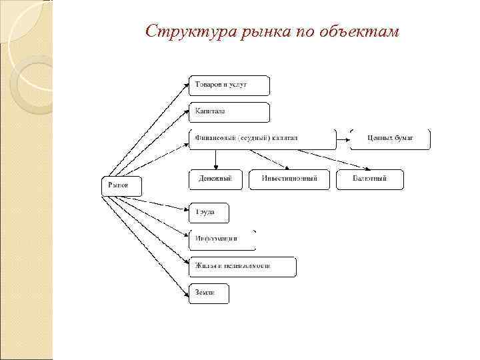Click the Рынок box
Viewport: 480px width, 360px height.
(121, 186)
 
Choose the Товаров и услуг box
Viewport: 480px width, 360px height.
(229, 85)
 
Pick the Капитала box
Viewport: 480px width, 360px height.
(229, 112)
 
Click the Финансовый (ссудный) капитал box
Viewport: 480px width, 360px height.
(262, 139)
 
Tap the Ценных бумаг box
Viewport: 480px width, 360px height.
(390, 139)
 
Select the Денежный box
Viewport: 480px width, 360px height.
(215, 179)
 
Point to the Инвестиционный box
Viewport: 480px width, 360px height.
(289, 179)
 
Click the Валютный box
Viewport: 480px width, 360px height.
(369, 179)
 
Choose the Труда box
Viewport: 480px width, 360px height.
(209, 213)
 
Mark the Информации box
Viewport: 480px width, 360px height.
(222, 239)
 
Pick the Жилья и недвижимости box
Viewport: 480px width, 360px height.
(242, 266)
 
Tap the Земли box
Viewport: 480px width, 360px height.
(209, 293)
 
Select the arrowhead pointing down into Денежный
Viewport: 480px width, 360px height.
(215, 167)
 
